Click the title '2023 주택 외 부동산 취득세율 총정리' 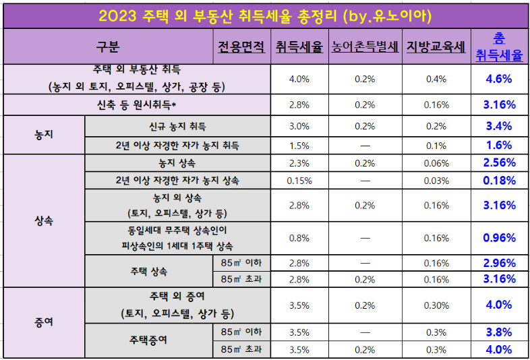pos(265,14)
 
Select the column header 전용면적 pos(241,47)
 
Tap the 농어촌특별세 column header pos(365,47)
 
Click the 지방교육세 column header pos(436,47)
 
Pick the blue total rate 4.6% pos(500,79)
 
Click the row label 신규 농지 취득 pos(177,126)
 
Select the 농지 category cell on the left pos(44,135)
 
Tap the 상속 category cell pos(44,220)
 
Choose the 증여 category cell pos(44,322)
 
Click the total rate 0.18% pos(500,180)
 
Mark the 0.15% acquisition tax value pos(299,180)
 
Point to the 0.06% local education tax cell pos(436,163)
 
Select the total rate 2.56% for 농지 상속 pos(500,162)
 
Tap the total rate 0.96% pos(500,237)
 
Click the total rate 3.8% pos(500,332)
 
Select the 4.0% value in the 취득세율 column pos(299,79)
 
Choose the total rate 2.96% pos(500,262)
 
